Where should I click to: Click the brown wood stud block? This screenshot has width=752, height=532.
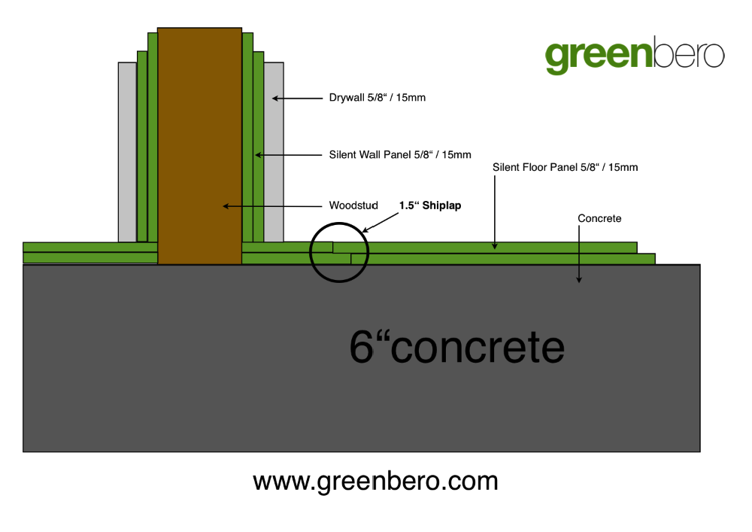pyautogui.click(x=199, y=146)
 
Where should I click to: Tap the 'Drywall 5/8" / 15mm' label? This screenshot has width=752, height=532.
pyautogui.click(x=377, y=97)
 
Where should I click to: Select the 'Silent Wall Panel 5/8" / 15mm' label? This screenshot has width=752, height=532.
pyautogui.click(x=400, y=154)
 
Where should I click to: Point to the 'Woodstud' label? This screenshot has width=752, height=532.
pyautogui.click(x=353, y=205)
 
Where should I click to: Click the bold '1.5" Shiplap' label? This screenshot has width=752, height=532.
pyautogui.click(x=430, y=205)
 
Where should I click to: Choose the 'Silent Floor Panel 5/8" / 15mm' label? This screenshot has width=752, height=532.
pyautogui.click(x=565, y=167)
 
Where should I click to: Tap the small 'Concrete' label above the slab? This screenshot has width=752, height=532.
pyautogui.click(x=599, y=218)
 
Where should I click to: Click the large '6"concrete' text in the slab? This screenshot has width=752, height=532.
pyautogui.click(x=456, y=346)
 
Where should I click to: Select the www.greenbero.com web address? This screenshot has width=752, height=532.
pyautogui.click(x=375, y=481)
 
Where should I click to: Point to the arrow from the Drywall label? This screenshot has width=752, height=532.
pyautogui.click(x=297, y=99)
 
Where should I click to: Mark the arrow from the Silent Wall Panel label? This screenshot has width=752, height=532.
pyautogui.click(x=288, y=155)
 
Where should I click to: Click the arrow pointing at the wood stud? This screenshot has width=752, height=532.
pyautogui.click(x=272, y=206)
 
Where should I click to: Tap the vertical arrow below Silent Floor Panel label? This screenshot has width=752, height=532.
pyautogui.click(x=495, y=212)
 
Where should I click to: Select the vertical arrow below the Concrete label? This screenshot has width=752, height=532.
pyautogui.click(x=579, y=254)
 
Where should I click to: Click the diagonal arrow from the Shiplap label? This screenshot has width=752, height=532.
pyautogui.click(x=380, y=223)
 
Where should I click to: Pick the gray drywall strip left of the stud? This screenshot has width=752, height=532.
pyautogui.click(x=128, y=152)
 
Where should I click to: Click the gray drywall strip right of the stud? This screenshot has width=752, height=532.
pyautogui.click(x=274, y=152)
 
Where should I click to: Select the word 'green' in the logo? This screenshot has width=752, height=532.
pyautogui.click(x=599, y=56)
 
